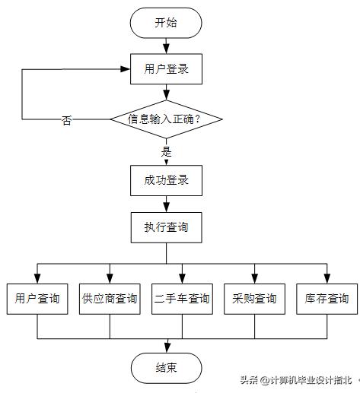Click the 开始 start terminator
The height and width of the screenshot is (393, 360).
166,23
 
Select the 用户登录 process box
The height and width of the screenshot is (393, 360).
166,71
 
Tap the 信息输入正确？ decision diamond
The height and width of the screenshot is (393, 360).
166,119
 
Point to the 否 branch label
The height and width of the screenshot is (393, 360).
67,121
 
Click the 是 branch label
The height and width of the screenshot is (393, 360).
167,151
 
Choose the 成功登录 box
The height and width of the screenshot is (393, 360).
166,181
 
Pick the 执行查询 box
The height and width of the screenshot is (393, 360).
166,227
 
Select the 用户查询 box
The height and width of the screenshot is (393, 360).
37,298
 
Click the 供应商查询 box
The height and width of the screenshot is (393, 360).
110,298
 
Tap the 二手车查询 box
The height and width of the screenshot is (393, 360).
182,298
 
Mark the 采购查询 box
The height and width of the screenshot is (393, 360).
254,298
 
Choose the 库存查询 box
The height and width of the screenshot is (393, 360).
327,298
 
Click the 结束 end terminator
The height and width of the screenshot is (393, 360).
166,368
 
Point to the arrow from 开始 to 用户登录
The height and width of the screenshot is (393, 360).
166,46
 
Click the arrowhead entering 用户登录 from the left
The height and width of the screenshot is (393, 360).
125,70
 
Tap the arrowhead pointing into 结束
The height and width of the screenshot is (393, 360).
166,348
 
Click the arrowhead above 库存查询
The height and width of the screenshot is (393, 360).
327,277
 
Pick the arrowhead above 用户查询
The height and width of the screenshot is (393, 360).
37,277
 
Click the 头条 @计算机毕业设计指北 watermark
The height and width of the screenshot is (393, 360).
297,381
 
